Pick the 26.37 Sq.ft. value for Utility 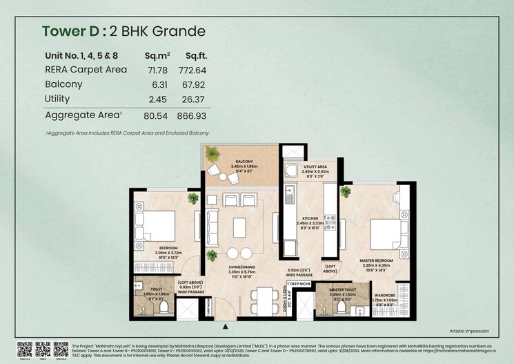[195, 99]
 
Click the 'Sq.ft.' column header [195, 55]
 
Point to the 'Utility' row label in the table [57, 99]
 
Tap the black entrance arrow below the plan [226, 326]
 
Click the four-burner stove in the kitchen [330, 222]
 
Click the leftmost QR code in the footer [25, 348]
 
